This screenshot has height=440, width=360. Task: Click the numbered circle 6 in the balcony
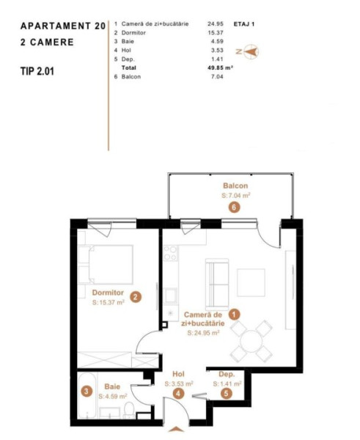click(x=235, y=208)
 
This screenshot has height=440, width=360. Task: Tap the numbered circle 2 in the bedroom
click(x=136, y=297)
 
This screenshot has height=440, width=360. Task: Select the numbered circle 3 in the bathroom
click(x=87, y=391)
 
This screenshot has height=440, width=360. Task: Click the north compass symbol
click(x=251, y=51)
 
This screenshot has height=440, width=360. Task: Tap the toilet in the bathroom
click(x=129, y=409)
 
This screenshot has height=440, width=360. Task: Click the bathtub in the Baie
click(x=87, y=395)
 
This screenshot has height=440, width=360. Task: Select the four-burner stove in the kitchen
click(x=171, y=253)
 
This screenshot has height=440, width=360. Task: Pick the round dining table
click(x=251, y=342)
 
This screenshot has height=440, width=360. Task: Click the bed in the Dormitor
click(x=111, y=265)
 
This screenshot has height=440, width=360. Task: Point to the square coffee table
click(x=251, y=282)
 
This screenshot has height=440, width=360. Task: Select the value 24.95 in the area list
click(x=216, y=24)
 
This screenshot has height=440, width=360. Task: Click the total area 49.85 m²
click(x=220, y=67)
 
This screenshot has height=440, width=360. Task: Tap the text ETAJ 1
click(x=244, y=24)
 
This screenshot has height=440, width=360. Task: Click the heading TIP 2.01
click(x=37, y=71)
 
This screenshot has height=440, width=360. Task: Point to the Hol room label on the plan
click(x=178, y=374)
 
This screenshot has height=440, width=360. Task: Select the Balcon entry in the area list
click(x=131, y=76)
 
